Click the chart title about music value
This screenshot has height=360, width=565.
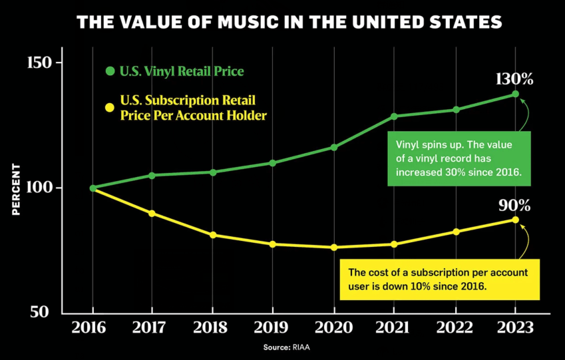289,23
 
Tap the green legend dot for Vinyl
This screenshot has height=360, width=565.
110,71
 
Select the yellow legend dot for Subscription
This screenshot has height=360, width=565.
110,107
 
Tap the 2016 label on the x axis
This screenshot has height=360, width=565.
93,328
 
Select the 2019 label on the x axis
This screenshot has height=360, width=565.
273,328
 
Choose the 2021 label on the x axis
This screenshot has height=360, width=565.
394,328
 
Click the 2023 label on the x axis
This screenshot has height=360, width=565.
514,328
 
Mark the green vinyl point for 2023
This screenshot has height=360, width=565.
515,94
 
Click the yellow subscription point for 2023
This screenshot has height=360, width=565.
515,220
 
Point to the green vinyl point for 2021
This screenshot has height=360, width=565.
394,116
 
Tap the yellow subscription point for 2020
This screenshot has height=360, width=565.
333,248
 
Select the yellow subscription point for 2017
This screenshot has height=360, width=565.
152,214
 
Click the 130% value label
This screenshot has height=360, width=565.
514,79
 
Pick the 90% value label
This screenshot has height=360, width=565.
514,204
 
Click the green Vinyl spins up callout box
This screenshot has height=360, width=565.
459,158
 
